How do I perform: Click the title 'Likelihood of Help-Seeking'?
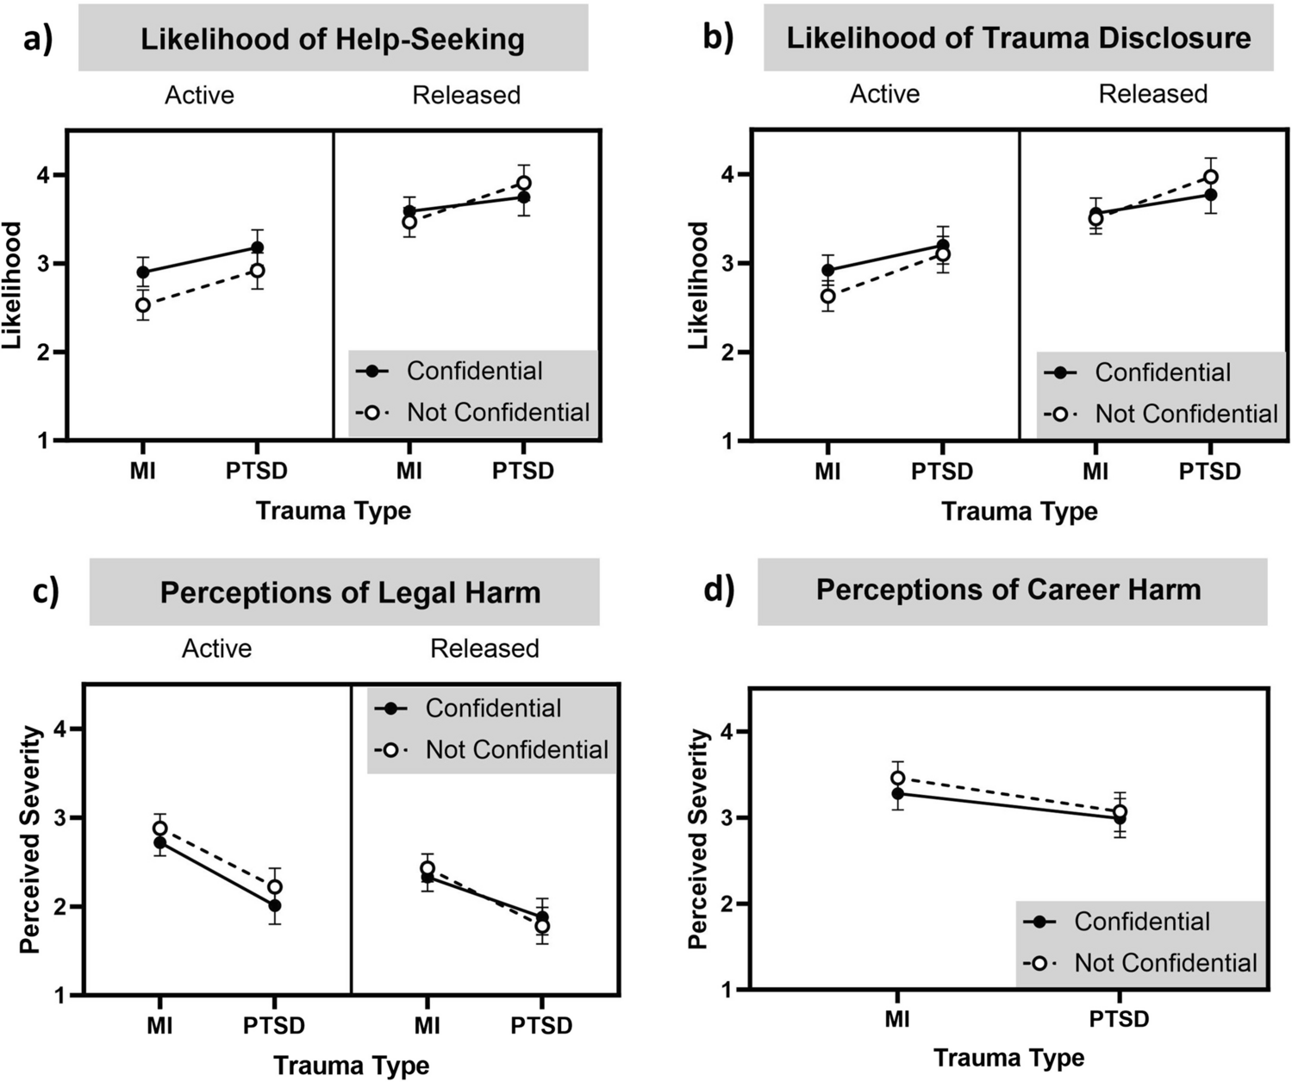[333, 40]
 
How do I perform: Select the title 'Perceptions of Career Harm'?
[1008, 590]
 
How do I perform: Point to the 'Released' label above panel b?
[1152, 94]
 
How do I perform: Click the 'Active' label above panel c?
[216, 648]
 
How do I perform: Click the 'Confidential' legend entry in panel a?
[474, 372]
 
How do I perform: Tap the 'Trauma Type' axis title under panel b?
[1019, 511]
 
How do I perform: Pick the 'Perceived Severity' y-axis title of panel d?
[699, 839]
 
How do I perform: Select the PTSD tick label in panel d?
[1119, 1019]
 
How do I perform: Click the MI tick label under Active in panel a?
[143, 471]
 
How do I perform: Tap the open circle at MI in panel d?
[898, 779]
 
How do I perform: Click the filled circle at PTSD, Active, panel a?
[257, 248]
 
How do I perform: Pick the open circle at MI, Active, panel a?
[143, 304]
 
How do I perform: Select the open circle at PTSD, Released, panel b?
[1211, 177]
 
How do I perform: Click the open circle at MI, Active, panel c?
[160, 829]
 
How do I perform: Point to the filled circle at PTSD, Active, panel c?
[275, 905]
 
